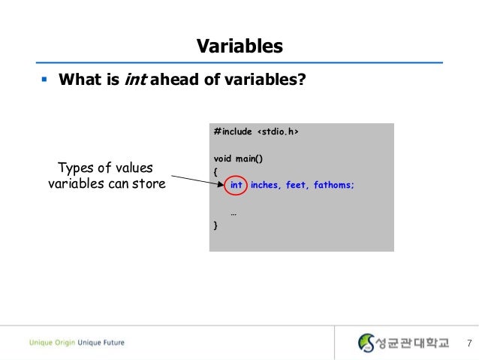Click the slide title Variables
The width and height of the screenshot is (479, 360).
[x=239, y=47]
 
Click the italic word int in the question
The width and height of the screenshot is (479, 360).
[x=135, y=79]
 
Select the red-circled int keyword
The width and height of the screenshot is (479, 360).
[x=236, y=185]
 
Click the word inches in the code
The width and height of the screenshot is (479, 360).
[x=264, y=185]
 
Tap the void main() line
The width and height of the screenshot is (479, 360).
[x=239, y=159]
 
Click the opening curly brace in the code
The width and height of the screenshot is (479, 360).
[x=216, y=172]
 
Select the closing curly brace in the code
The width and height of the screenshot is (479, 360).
[x=216, y=225]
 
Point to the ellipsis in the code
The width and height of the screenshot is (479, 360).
[x=234, y=212]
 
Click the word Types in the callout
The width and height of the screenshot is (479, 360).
[x=75, y=168]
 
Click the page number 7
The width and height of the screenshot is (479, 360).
[x=468, y=343]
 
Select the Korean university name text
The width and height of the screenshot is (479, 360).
[x=411, y=343]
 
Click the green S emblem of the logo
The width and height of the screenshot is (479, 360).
[x=366, y=343]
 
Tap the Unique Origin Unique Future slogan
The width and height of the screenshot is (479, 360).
[x=77, y=343]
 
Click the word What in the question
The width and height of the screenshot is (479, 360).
[x=77, y=79]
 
